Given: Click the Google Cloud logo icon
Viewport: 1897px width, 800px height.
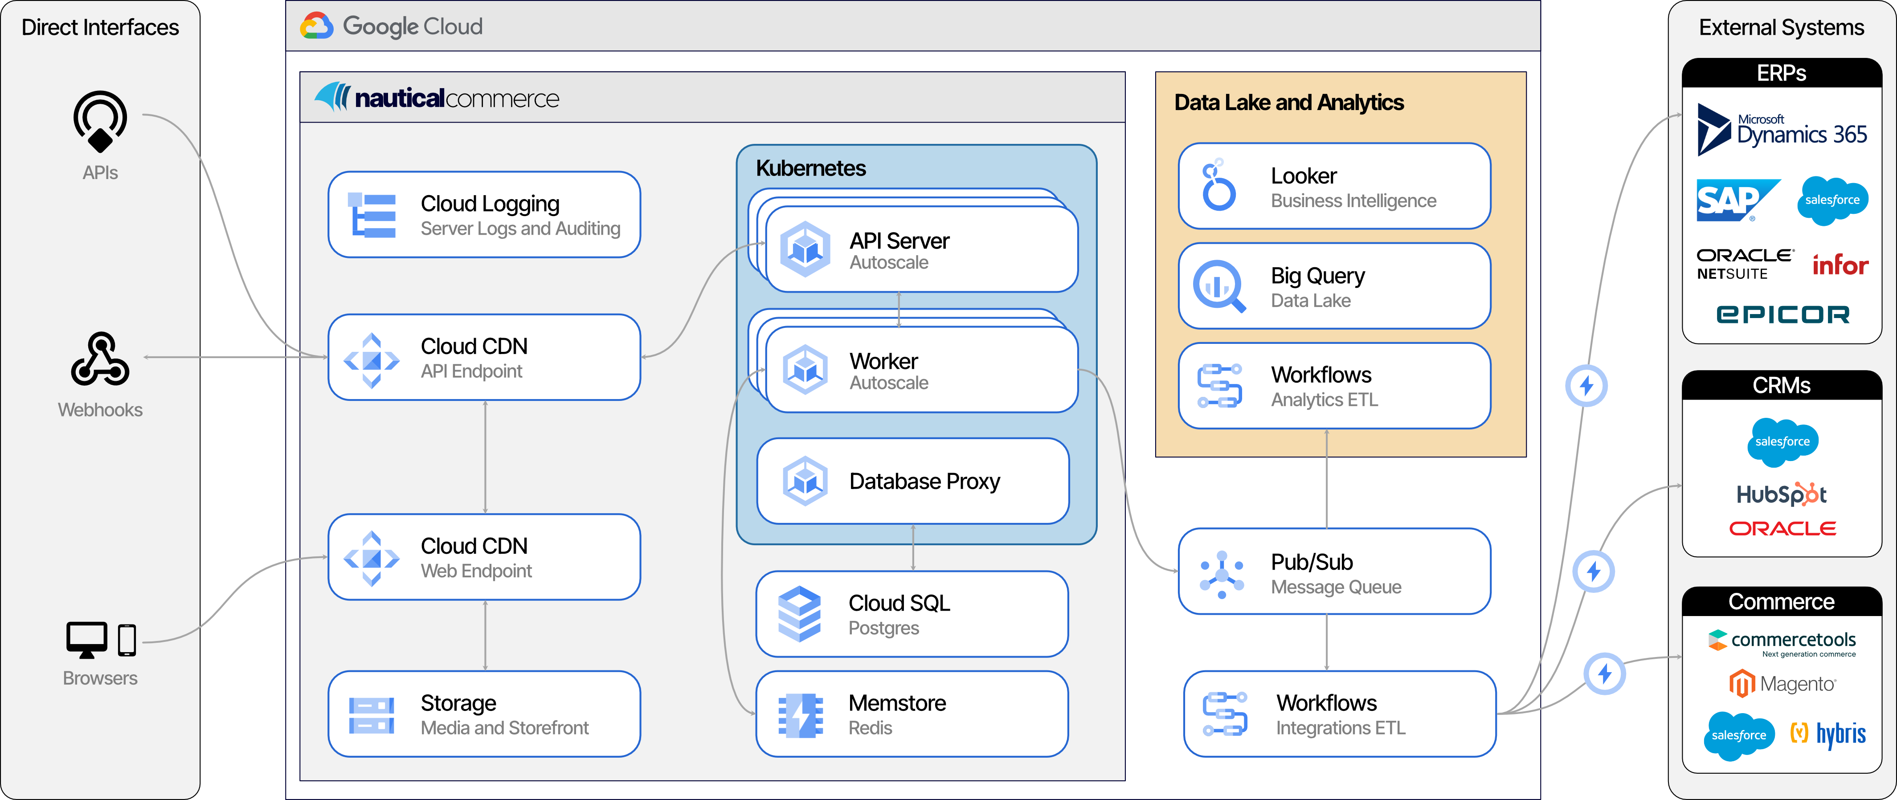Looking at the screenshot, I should click(317, 26).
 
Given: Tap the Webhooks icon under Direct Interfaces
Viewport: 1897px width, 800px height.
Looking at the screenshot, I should click(100, 359).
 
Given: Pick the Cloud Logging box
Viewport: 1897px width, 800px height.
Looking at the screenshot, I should click(484, 215).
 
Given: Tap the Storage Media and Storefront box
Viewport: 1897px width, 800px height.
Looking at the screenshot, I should click(484, 714).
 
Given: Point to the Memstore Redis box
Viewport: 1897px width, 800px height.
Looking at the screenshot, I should click(912, 714).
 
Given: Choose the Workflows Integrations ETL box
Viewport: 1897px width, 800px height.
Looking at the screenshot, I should click(1339, 714).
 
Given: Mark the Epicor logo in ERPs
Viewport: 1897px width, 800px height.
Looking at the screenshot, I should click(1782, 314).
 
